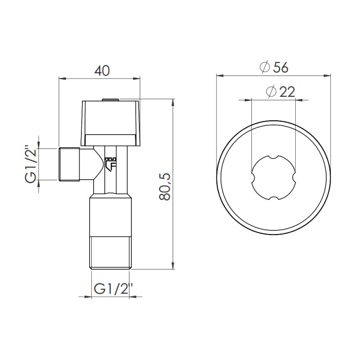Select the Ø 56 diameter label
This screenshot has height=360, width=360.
tap(274, 67)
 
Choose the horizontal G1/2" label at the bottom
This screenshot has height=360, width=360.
tap(111, 289)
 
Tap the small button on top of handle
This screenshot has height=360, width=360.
tap(111, 99)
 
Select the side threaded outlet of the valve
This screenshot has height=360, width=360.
tap(70, 164)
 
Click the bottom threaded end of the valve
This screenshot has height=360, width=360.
tap(111, 253)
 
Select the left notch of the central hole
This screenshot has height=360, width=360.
tap(252, 177)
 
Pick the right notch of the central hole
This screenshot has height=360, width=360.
tap(294, 177)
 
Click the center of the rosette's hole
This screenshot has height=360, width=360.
tap(273, 177)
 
